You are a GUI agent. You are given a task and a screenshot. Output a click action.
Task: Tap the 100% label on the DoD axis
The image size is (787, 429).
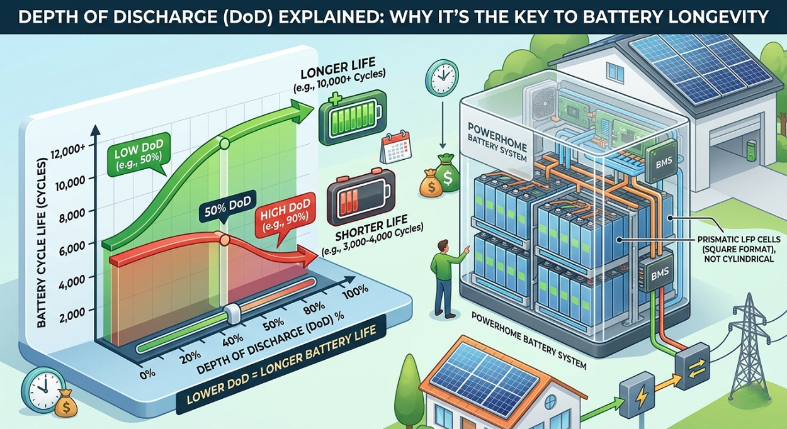coord(356,292)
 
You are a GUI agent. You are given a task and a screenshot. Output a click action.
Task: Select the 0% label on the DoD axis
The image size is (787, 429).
coord(147,373)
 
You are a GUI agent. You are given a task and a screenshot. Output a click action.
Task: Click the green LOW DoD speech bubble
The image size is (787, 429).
coord(139,155)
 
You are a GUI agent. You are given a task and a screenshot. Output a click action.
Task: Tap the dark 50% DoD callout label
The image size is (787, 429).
coord(227,207)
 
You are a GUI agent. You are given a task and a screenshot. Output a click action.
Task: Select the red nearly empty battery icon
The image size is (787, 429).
coord(361,198)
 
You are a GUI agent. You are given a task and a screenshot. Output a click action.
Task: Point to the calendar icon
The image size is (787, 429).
coord(395,147)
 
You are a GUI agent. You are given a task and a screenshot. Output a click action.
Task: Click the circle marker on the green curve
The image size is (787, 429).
coord(224,143)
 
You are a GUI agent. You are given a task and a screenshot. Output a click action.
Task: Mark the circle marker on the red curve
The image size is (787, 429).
coord(224,240)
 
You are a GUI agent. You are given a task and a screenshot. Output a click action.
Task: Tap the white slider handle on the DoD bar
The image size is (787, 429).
coord(232,313)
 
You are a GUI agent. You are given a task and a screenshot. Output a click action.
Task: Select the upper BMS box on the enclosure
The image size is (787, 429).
coord(662,161)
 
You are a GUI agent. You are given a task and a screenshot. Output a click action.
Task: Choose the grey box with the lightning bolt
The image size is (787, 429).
coord(637,395)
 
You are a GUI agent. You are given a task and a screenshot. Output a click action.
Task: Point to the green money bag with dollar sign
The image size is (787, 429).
coord(447,174)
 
